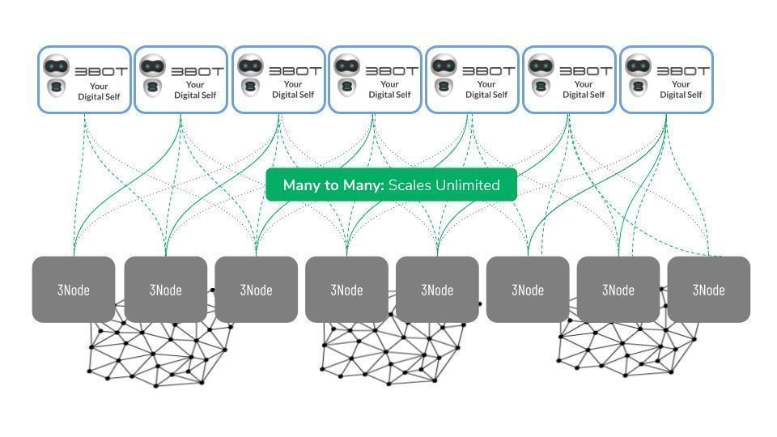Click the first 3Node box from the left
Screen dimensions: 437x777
[74, 290]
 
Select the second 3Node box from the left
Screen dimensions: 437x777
[165, 290]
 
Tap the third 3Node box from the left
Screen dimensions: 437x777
[256, 290]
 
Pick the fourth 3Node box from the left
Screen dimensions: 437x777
[346, 290]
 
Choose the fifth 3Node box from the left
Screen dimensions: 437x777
[437, 290]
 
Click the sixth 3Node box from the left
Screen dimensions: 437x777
[528, 290]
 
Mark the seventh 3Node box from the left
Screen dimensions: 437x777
[618, 290]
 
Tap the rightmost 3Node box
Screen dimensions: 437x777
[709, 290]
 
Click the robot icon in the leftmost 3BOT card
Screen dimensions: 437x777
[56, 75]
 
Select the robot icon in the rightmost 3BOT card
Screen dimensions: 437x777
[638, 75]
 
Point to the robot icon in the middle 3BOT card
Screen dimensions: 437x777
[347, 75]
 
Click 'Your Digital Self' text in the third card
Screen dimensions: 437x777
[293, 89]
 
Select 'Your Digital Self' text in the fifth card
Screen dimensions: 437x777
[486, 89]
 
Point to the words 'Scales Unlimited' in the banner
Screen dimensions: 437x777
[444, 185]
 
